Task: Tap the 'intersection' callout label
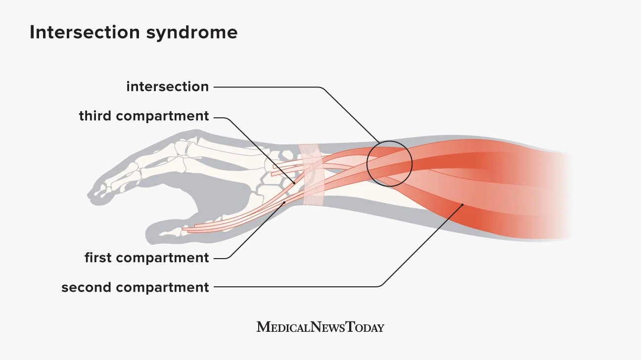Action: [x=167, y=87]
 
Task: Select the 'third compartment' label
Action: [x=144, y=117]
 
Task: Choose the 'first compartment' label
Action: [x=147, y=258]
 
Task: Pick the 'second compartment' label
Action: [x=135, y=287]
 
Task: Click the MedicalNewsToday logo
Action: [x=320, y=327]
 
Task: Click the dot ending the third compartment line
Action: [x=294, y=182]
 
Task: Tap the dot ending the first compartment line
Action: [x=284, y=202]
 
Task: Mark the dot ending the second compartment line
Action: [x=462, y=205]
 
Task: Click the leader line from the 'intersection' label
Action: [x=267, y=88]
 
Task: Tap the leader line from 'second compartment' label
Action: [x=297, y=286]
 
